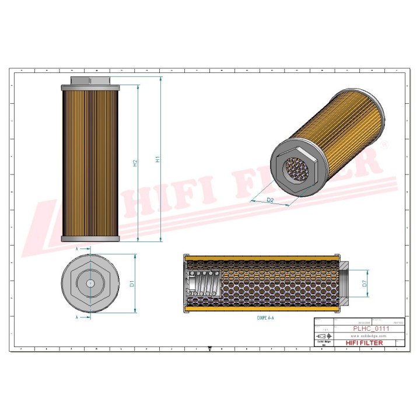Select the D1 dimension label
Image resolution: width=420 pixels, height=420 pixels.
pyautogui.click(x=132, y=283)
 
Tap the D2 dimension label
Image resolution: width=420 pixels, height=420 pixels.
pyautogui.click(x=270, y=200)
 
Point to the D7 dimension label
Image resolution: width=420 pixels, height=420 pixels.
pyautogui.click(x=363, y=283)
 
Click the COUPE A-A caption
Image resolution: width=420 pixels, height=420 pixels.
pyautogui.click(x=265, y=318)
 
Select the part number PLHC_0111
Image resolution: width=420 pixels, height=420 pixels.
pyautogui.click(x=371, y=329)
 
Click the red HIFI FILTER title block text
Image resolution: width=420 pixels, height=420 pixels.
pyautogui.click(x=365, y=343)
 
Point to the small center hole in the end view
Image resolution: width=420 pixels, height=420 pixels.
pyautogui.click(x=90, y=283)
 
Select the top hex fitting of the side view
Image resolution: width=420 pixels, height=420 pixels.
pyautogui.click(x=90, y=80)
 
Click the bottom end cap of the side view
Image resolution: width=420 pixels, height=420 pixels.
pyautogui.click(x=90, y=238)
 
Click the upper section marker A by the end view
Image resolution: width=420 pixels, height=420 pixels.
pyautogui.click(x=78, y=249)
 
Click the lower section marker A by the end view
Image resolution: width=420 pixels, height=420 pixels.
pyautogui.click(x=78, y=317)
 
